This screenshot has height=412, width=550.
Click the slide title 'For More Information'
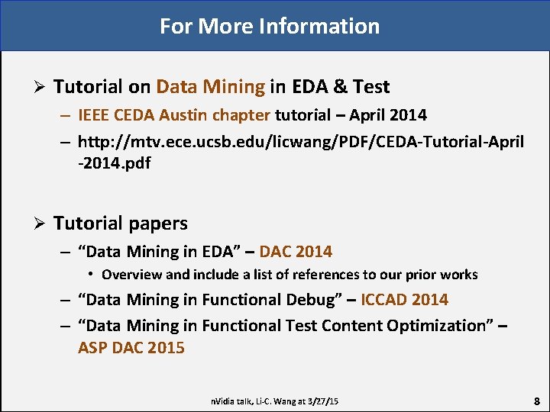(x=269, y=26)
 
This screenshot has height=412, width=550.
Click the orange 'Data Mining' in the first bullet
(x=210, y=87)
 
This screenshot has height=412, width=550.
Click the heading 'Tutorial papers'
(x=120, y=224)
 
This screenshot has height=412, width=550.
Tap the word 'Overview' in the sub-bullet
(x=131, y=275)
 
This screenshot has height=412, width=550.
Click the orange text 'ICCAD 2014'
(x=404, y=300)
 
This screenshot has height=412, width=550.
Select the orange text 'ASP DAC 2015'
(x=131, y=348)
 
